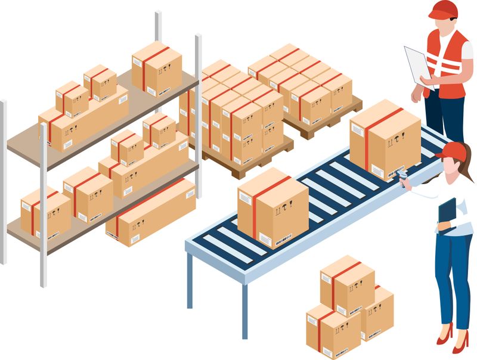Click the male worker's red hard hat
coord(444,9)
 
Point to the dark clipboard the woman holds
coord(447,212)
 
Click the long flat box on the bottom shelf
coord(151,212)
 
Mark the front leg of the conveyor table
coord(244,310)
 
